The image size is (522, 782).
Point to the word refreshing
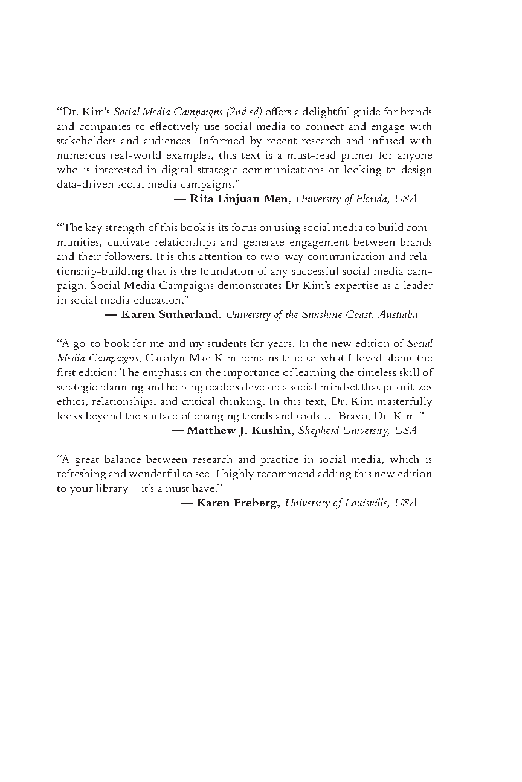coord(81,474)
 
